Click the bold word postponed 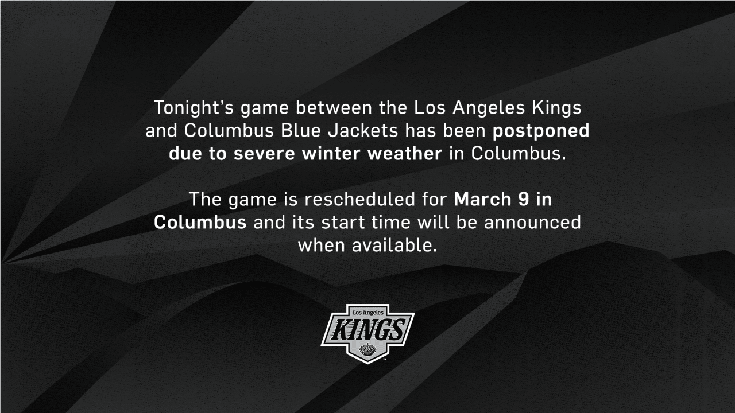coord(541,131)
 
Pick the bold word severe coord(266,154)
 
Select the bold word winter coord(335,154)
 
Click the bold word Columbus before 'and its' coord(200,223)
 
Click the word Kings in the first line coord(557,108)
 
